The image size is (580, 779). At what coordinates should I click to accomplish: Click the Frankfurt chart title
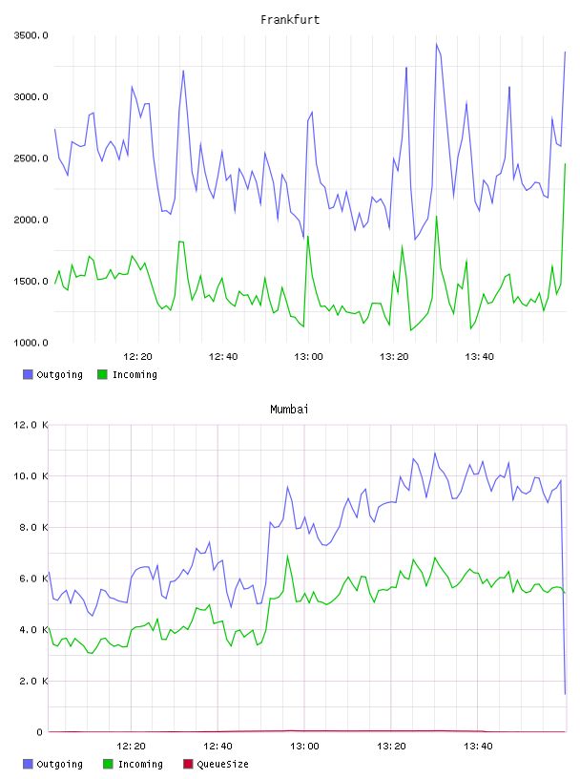[x=290, y=20]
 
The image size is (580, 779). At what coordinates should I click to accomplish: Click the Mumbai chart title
[x=289, y=410]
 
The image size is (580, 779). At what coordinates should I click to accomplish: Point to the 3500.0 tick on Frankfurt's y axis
[x=31, y=35]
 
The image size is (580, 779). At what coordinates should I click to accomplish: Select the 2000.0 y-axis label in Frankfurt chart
[x=31, y=220]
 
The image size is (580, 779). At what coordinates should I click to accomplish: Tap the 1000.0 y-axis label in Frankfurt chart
[x=31, y=343]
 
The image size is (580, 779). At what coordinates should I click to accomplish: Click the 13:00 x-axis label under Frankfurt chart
[x=308, y=357]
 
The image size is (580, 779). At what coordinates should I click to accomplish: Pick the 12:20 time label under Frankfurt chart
[x=137, y=357]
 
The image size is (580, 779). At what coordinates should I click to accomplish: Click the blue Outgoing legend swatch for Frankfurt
[x=28, y=374]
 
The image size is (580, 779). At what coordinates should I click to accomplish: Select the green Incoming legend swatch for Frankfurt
[x=102, y=374]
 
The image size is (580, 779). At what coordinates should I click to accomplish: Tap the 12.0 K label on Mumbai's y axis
[x=31, y=425]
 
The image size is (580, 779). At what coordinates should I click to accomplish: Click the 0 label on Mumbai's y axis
[x=40, y=732]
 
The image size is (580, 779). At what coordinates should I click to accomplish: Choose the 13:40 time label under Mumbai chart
[x=478, y=747]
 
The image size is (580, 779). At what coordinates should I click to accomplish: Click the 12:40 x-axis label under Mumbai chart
[x=217, y=747]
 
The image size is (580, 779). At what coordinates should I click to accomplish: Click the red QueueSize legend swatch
[x=188, y=764]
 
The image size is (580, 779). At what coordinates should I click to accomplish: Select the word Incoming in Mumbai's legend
[x=140, y=764]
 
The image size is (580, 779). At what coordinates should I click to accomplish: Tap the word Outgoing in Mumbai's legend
[x=60, y=764]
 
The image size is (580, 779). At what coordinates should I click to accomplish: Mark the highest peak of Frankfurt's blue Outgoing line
[x=437, y=44]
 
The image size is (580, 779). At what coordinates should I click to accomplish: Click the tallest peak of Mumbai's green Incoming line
[x=287, y=556]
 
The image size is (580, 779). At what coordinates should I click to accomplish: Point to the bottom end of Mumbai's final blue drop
[x=565, y=694]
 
